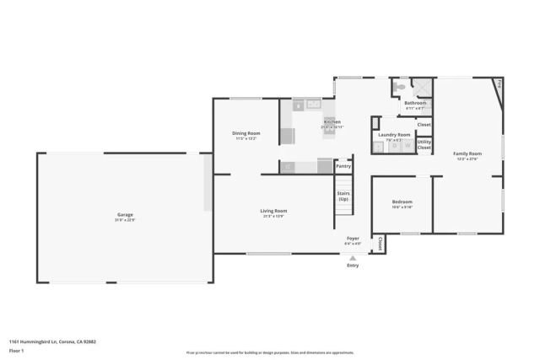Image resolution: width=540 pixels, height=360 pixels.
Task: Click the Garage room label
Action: pos(125,215)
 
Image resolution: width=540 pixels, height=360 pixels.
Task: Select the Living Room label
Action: pos(274,211)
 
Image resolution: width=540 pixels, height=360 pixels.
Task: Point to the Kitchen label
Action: pos(332,121)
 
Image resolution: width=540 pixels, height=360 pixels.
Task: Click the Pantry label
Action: pos(343,166)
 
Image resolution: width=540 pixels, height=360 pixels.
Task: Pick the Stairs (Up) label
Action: pos(343,196)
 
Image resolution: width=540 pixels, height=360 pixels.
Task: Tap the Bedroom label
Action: pos(402,201)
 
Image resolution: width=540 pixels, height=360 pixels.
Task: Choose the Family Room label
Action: pos(467,153)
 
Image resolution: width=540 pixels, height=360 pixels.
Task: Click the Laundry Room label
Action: pos(394,135)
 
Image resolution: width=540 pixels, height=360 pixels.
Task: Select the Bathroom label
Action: pos(415,103)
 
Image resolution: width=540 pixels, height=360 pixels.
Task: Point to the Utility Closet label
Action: pos(424,144)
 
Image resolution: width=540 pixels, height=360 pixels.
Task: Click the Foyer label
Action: pos(353,239)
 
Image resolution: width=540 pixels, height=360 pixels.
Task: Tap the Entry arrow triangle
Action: pos(353,257)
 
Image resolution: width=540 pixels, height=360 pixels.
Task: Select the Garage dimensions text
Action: pos(125,220)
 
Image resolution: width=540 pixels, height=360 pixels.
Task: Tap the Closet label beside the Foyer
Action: pos(381,244)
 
